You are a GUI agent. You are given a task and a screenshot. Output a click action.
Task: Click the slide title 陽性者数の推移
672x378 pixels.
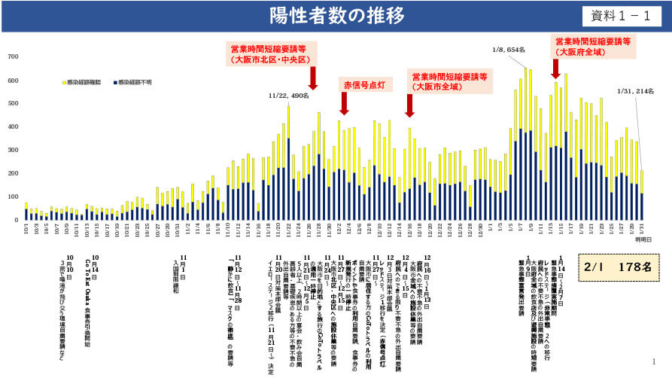pos(336,16)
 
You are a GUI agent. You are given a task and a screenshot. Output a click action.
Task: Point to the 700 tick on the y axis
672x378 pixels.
pos(13,57)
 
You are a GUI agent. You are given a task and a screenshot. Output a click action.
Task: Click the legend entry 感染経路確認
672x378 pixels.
pos(83,81)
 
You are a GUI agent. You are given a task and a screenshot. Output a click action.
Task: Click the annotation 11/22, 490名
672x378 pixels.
pos(288,96)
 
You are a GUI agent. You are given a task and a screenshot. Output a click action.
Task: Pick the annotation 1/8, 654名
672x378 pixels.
pos(508,50)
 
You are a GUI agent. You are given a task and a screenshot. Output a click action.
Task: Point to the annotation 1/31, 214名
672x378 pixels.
pos(635,91)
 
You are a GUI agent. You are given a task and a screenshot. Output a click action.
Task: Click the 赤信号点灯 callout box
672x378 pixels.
pos(363,83)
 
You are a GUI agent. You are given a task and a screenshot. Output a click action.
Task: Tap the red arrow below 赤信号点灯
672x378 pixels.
pos(344,104)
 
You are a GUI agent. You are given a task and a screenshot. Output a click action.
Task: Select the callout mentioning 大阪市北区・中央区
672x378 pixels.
pos(272,53)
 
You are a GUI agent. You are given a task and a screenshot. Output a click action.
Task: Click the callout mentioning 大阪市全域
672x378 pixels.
pos(449,81)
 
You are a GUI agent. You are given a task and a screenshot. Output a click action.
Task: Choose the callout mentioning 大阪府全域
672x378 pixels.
pos(593,47)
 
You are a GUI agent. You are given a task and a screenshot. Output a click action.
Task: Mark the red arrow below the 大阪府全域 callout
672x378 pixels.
pos(556,69)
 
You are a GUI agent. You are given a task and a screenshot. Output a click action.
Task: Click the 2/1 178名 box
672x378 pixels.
pos(615,267)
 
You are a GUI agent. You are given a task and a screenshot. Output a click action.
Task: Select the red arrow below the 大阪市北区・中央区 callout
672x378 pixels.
pos(312,80)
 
